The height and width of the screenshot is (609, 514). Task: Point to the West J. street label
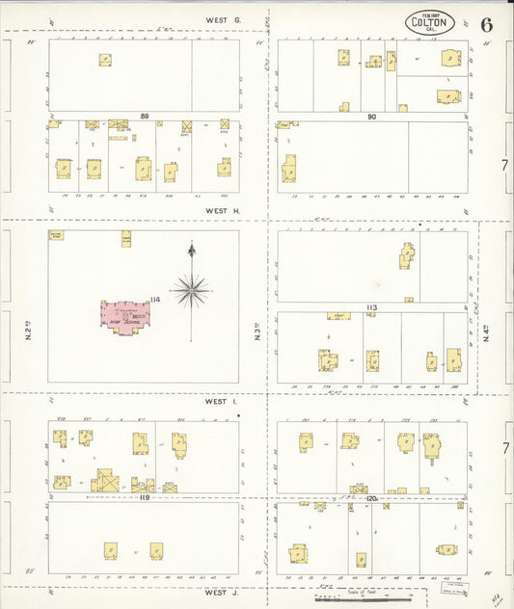pyautogui.click(x=221, y=593)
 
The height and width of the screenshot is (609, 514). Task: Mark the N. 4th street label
pyautogui.click(x=488, y=333)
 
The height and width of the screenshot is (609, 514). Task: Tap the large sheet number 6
pyautogui.click(x=486, y=24)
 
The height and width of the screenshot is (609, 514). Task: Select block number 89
pyautogui.click(x=145, y=117)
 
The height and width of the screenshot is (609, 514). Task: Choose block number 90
pyautogui.click(x=370, y=117)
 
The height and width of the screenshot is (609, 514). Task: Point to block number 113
pyautogui.click(x=370, y=307)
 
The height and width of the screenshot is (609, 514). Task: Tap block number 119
pyautogui.click(x=145, y=498)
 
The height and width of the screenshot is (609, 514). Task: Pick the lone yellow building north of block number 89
pyautogui.click(x=104, y=60)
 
